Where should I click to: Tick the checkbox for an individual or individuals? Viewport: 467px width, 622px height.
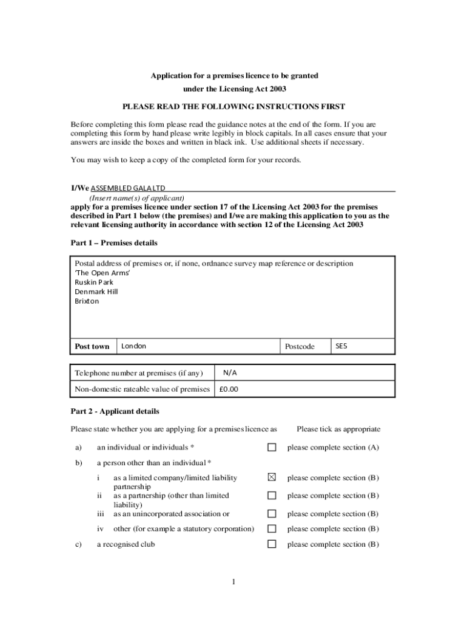tap(272, 448)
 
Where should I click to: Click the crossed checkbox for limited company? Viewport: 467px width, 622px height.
tap(272, 478)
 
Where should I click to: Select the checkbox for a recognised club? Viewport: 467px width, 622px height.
tap(272, 544)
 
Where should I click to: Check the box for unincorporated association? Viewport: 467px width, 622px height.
tap(272, 514)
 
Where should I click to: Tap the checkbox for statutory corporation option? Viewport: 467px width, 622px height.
tap(272, 529)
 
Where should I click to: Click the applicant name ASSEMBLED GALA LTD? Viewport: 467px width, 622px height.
tap(128, 188)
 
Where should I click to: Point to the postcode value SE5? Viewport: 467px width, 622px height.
tap(341, 346)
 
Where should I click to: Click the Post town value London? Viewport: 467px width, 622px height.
tap(134, 346)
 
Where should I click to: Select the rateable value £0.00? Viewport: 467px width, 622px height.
tap(229, 389)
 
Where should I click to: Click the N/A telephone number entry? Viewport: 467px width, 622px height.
tap(229, 372)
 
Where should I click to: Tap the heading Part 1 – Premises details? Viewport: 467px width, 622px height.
tap(114, 243)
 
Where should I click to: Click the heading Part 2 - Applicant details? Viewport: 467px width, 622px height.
tap(115, 411)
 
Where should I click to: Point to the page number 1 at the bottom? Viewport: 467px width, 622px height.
tap(233, 583)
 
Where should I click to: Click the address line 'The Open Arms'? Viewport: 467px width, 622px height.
tap(102, 273)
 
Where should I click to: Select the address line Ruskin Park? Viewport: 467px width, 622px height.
tap(94, 282)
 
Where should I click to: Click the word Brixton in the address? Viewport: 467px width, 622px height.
tap(87, 301)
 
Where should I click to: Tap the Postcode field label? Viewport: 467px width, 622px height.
tap(300, 347)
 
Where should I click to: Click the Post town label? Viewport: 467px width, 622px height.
tap(92, 347)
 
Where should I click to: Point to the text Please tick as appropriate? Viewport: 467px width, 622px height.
tap(338, 429)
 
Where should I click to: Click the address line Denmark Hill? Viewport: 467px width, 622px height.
tap(96, 292)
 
